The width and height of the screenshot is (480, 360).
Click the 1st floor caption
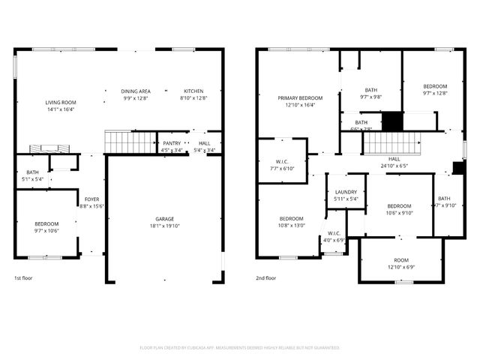coord(24,278)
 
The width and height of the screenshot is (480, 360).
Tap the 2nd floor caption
coord(266,278)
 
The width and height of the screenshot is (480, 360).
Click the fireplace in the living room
coord(44,148)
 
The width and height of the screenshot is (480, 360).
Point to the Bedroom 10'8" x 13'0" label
coord(291,222)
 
